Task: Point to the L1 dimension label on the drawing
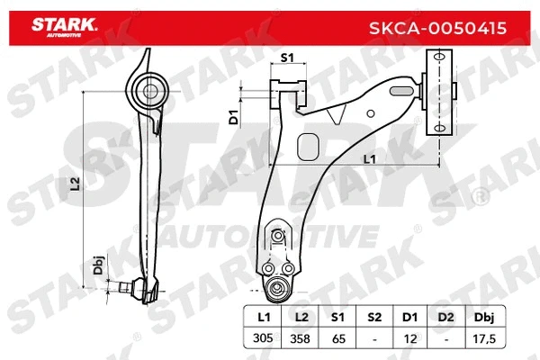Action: click(x=369, y=159)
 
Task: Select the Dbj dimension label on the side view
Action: click(x=99, y=267)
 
